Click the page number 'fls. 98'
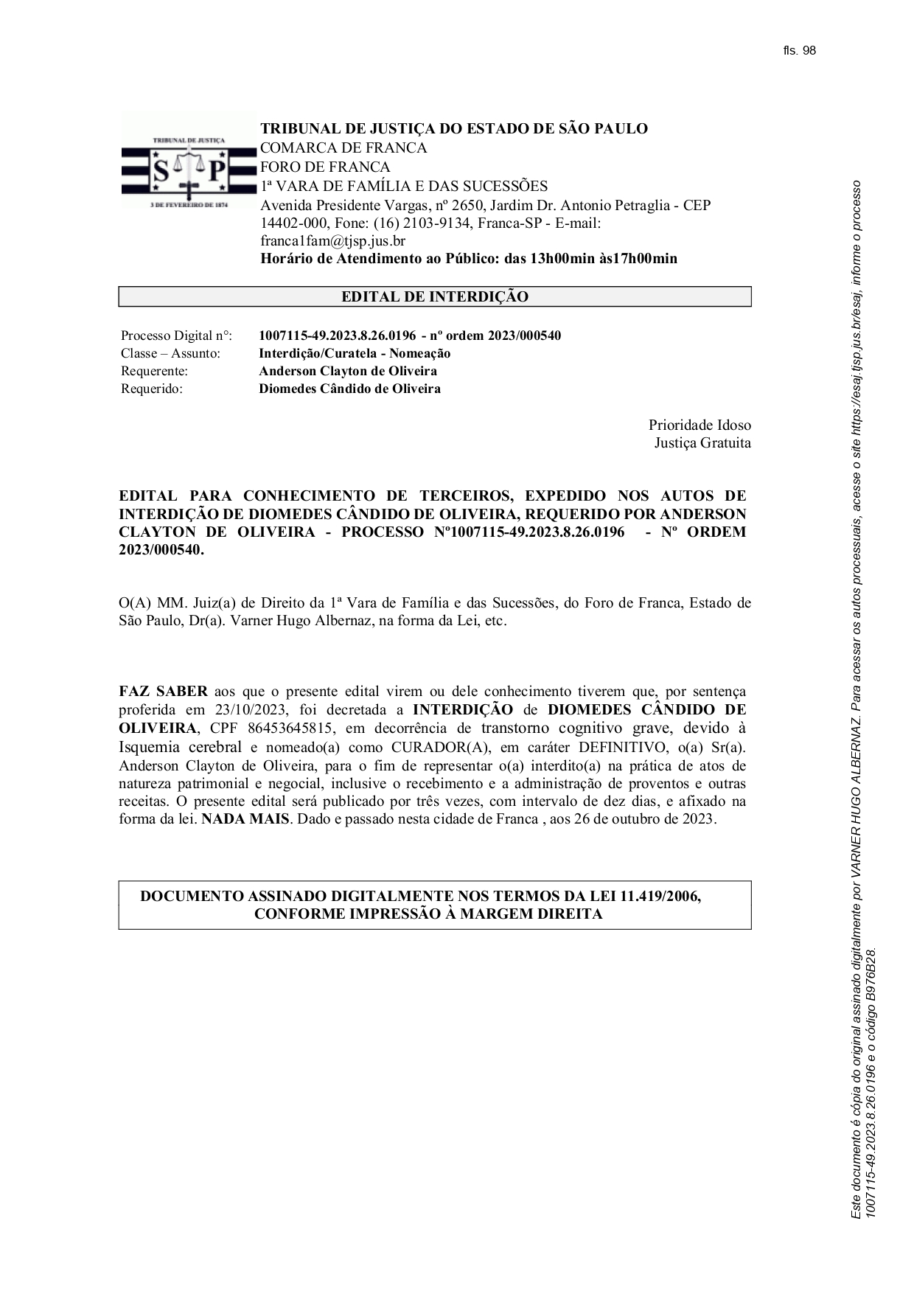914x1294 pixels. coord(799,51)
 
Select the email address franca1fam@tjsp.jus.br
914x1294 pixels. coord(332,241)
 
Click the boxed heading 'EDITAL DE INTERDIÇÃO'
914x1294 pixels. coord(435,297)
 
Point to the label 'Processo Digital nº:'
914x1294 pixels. coord(176,335)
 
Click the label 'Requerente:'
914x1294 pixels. coord(155,371)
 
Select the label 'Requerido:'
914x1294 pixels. coord(152,389)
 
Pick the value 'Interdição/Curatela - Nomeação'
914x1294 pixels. coord(355,353)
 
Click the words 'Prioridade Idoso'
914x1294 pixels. coord(700,425)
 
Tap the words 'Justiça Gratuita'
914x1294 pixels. coord(702,443)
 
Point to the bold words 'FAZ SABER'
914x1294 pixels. coord(163,692)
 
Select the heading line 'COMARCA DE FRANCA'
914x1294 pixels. coord(343,147)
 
